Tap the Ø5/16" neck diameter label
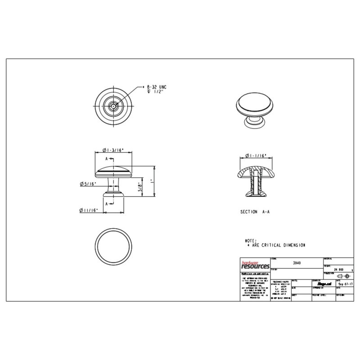pyautogui.click(x=88, y=184)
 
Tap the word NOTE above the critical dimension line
pyautogui.click(x=250, y=241)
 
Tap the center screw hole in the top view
pyautogui.click(x=112, y=106)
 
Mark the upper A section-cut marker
pyautogui.click(x=107, y=159)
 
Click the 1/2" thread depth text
pyautogui.click(x=157, y=91)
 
